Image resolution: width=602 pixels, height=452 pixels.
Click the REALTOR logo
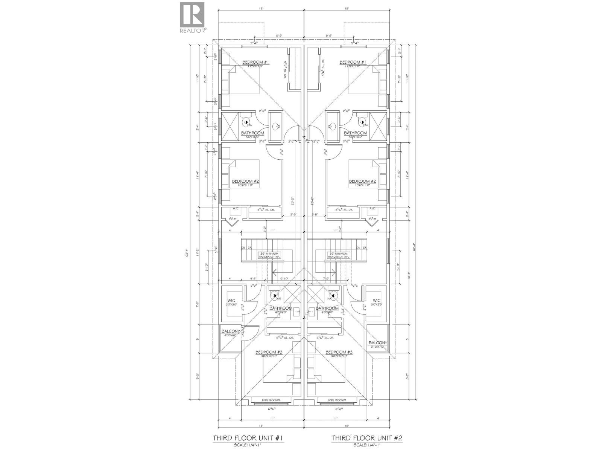click(x=193, y=17)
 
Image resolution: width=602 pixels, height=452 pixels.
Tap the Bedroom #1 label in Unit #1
click(x=255, y=62)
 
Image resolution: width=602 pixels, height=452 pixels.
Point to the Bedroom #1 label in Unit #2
click(x=353, y=62)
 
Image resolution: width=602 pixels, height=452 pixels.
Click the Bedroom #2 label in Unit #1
click(x=245, y=181)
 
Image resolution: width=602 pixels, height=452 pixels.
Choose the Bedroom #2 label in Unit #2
click(x=363, y=181)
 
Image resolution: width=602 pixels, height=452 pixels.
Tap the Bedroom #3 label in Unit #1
click(x=269, y=352)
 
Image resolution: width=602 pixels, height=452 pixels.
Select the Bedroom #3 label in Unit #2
click(x=339, y=352)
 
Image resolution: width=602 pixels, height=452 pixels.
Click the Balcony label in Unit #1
click(x=230, y=331)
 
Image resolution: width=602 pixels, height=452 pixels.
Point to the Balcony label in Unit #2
click(x=378, y=343)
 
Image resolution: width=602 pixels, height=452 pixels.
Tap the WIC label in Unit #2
click(x=377, y=300)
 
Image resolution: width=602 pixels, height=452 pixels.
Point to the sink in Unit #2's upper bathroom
click(x=331, y=127)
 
